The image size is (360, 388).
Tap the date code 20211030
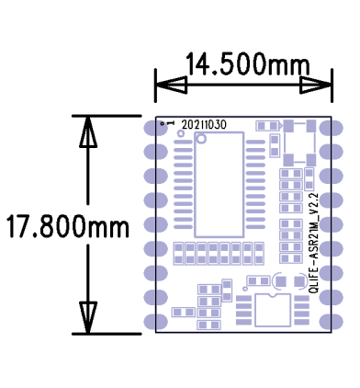204,123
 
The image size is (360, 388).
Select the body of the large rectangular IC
218,183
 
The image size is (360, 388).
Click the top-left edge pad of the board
152,128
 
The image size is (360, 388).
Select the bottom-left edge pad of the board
152,320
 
